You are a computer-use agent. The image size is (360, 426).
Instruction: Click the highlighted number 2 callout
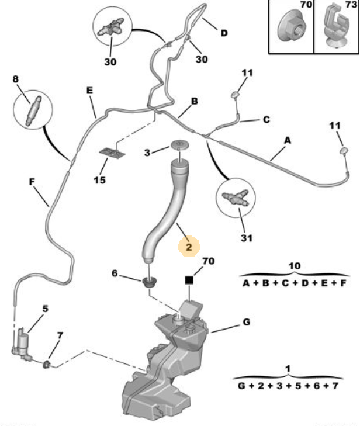189,247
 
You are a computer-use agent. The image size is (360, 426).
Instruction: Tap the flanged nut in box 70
292,27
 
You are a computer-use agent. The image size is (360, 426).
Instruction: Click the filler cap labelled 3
180,144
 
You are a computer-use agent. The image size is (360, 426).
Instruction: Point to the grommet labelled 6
151,282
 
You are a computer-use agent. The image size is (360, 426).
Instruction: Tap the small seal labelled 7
47,364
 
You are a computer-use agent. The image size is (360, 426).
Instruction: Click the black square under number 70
189,280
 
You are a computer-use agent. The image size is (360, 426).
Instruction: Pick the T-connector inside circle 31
236,198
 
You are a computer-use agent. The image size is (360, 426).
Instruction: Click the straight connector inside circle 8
33,111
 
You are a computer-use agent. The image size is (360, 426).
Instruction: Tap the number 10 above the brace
295,266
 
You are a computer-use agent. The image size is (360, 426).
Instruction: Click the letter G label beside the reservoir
246,322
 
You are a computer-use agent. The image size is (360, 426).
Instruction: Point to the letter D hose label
224,33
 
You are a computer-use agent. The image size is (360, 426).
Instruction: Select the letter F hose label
32,182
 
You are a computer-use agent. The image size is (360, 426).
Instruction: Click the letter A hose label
288,140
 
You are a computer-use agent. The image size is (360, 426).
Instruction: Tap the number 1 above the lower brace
288,369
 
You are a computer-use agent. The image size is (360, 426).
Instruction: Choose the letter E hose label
89,91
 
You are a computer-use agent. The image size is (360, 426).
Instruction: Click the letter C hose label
266,120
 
